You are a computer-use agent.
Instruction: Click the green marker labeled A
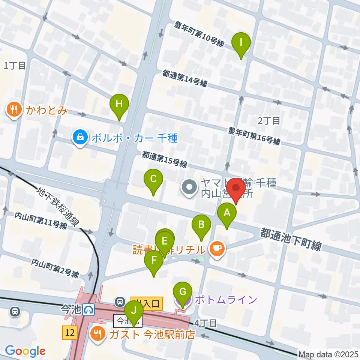227,214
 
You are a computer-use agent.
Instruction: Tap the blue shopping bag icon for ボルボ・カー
80,138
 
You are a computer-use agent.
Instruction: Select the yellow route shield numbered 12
70,332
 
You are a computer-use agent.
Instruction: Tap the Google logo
25,351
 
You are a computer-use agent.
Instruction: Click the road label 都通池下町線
291,240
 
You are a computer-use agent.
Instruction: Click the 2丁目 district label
269,120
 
